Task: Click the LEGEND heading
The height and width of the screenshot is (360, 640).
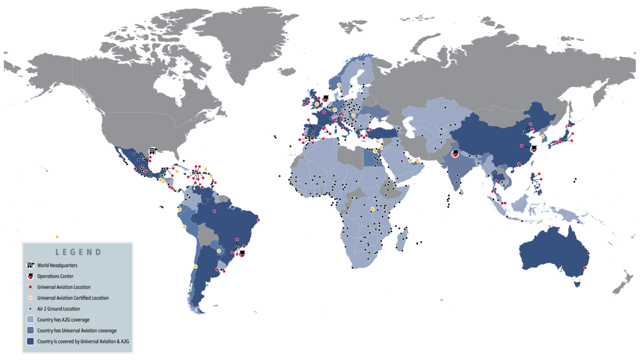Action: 78,252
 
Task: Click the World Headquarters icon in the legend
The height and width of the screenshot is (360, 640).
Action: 30,265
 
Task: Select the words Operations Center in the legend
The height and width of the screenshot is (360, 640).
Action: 55,276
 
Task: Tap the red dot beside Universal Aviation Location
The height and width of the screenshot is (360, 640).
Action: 30,287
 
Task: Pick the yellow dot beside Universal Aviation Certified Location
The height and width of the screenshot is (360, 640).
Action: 30,298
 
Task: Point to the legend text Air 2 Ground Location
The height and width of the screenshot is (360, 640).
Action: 59,309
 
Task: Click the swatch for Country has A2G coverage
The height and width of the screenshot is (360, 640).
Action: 30,319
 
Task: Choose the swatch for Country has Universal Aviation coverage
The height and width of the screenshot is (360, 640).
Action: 30,331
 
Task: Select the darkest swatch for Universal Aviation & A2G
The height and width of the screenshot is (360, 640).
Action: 30,342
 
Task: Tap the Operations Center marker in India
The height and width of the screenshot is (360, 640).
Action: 455,154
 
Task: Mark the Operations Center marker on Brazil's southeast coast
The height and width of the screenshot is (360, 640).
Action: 242,254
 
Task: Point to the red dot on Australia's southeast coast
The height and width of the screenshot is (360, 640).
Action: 586,268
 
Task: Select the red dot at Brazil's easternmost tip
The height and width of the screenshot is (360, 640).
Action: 259,220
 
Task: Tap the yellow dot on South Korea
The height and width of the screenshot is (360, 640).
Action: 542,137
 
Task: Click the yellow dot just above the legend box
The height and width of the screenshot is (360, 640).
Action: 57,237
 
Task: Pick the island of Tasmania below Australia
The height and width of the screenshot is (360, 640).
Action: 576,284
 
